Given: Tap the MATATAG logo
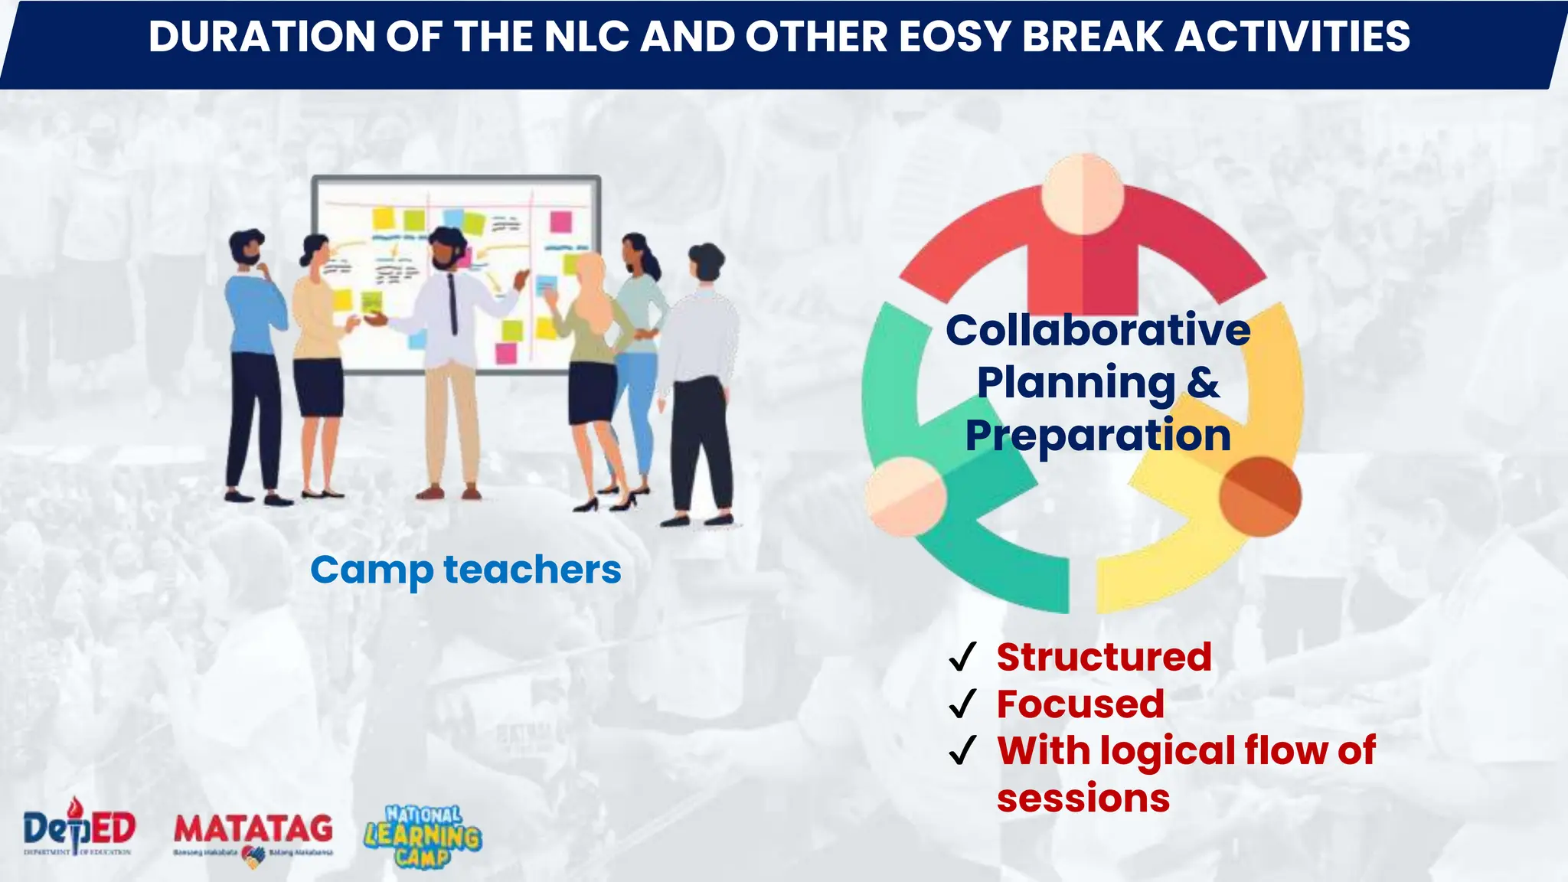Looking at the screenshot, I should click(x=253, y=835).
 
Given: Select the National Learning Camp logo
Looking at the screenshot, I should click(x=423, y=837).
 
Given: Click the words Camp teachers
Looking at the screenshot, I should click(x=465, y=570).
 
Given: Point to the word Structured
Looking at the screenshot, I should click(x=1104, y=658).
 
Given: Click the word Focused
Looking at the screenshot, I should click(x=1080, y=704).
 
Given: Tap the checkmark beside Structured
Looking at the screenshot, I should click(x=962, y=658).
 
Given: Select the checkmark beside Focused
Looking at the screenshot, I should click(x=962, y=704).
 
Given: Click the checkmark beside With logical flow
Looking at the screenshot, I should click(x=962, y=751).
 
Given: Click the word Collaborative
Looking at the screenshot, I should click(x=1098, y=331).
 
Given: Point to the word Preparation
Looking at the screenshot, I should click(x=1098, y=436).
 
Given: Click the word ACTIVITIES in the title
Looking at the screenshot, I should click(x=1293, y=37).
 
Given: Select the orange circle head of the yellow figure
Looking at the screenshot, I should click(x=1259, y=496).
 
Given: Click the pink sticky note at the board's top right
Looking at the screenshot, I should click(x=561, y=222).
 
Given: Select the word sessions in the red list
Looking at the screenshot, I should click(x=1083, y=799).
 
